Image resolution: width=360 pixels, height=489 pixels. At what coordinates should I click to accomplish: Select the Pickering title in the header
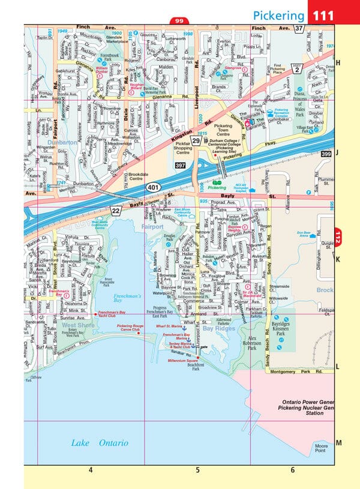[x=278, y=14]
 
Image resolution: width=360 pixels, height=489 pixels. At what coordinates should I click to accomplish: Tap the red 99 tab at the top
[x=179, y=22]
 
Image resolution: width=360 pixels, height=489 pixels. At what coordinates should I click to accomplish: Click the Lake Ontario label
[x=100, y=443]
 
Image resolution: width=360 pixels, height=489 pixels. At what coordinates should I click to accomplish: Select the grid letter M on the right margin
[x=338, y=443]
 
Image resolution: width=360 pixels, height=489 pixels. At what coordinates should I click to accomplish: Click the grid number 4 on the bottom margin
[x=91, y=470]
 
